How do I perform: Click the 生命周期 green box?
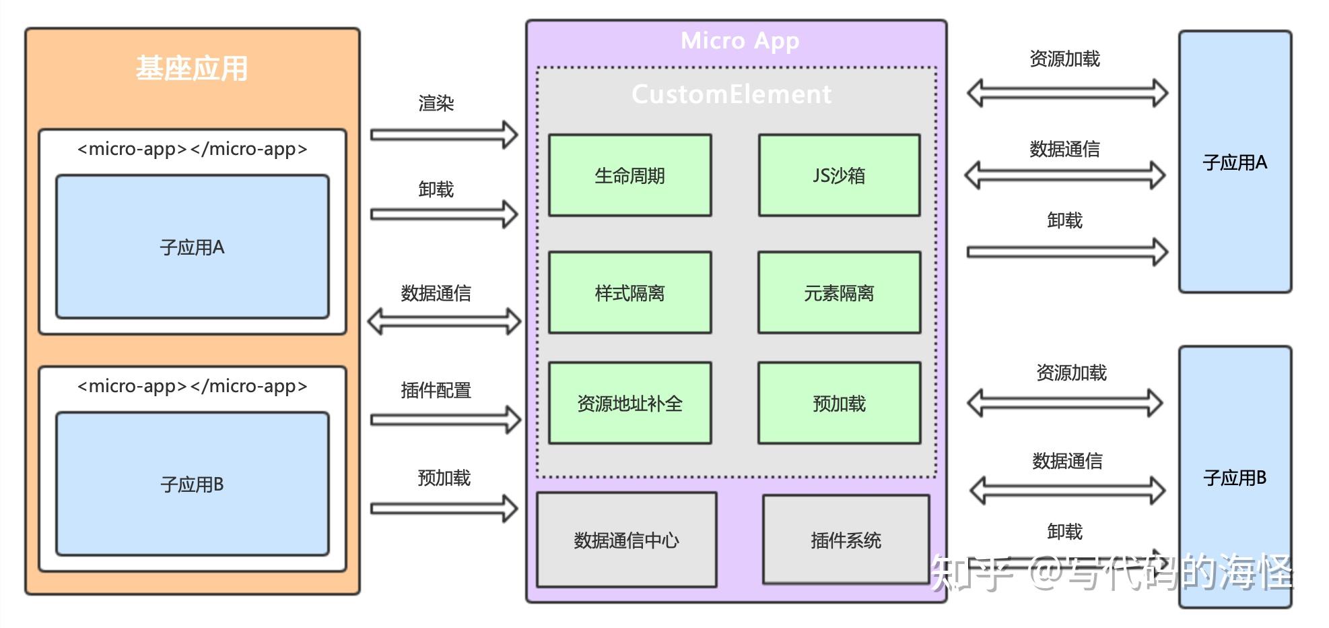click(x=629, y=175)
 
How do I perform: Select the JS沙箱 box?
click(x=839, y=175)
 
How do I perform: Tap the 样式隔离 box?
click(x=629, y=292)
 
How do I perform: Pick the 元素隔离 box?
click(x=839, y=292)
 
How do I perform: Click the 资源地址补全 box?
click(x=629, y=403)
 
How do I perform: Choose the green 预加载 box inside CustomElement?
click(x=839, y=403)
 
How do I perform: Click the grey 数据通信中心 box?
click(x=626, y=540)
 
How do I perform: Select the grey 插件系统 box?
click(x=846, y=540)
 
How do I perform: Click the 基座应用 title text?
click(x=192, y=69)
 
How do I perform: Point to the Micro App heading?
click(x=740, y=40)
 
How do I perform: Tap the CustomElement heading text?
click(x=731, y=94)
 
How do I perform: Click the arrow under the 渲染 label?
click(x=443, y=135)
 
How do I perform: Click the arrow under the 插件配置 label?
click(x=444, y=420)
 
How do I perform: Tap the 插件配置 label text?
click(x=436, y=390)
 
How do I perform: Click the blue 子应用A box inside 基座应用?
click(x=192, y=247)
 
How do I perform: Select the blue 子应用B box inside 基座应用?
click(x=192, y=484)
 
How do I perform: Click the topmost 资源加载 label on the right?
click(x=1064, y=59)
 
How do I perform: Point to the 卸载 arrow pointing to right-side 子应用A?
click(x=1066, y=252)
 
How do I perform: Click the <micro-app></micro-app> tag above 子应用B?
click(x=192, y=386)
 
